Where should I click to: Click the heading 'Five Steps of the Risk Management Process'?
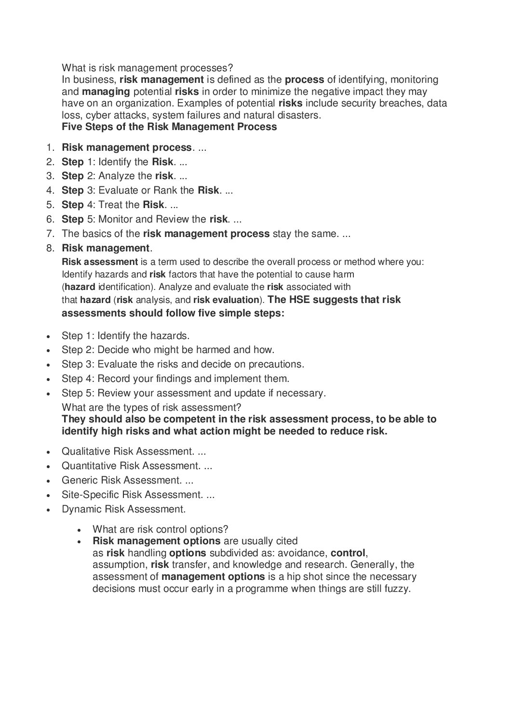(x=169, y=127)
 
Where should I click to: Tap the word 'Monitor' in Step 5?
(x=116, y=220)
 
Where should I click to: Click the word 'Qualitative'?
(x=86, y=452)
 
